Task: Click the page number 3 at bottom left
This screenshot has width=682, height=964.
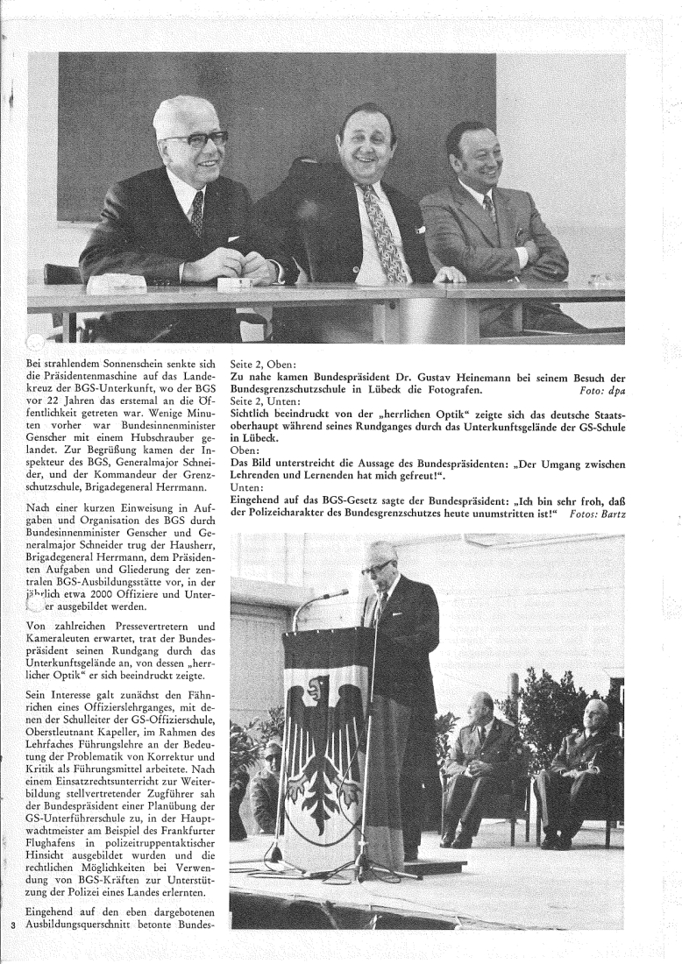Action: (13, 949)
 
